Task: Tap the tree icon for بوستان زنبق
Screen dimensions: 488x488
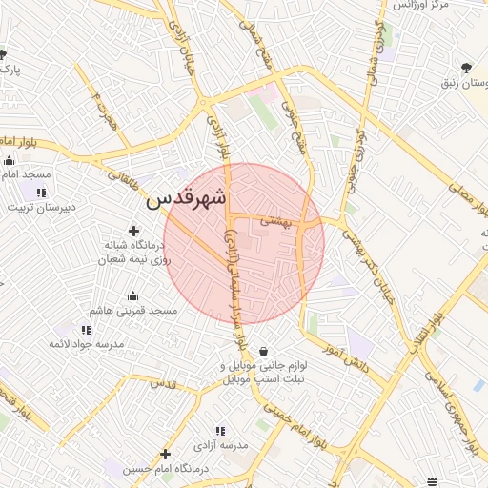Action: click(x=466, y=68)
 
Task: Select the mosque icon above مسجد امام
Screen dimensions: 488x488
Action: click(x=10, y=160)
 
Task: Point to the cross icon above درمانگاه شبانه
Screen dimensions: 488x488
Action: click(x=133, y=231)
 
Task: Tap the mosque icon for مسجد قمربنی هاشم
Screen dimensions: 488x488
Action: click(x=132, y=295)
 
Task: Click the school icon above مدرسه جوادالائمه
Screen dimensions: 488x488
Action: click(x=87, y=330)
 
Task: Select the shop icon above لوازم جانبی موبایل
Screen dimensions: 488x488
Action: click(x=263, y=351)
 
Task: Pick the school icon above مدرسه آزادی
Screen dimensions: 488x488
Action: click(x=221, y=432)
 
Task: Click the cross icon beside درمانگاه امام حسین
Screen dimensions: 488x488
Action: click(x=166, y=454)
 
